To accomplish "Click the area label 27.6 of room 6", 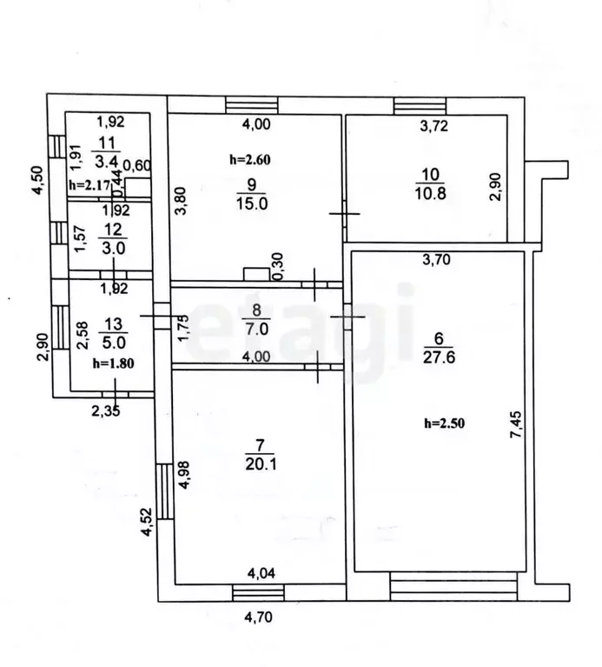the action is [x=439, y=357].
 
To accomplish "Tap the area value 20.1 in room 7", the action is [x=261, y=464].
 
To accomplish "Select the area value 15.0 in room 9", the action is [x=252, y=203].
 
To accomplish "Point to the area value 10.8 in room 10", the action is [x=430, y=193].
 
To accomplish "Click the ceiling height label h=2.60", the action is [x=250, y=160].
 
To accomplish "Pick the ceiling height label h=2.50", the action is [x=445, y=424].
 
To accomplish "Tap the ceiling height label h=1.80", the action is [x=114, y=364].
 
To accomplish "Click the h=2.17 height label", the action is [x=89, y=185].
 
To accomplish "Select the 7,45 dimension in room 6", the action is [x=517, y=424].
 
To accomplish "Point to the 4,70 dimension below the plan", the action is [x=258, y=617].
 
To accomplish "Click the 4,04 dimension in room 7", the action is [x=261, y=573].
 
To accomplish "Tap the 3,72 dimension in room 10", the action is [x=433, y=125].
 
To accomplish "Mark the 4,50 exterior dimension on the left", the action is [x=38, y=180].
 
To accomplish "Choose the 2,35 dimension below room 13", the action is [x=106, y=411].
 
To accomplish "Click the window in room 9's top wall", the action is [x=252, y=105].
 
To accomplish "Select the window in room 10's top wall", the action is [x=420, y=106].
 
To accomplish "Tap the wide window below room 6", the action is [x=453, y=587].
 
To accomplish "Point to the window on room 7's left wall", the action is [x=165, y=491].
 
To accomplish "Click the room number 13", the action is [x=113, y=324].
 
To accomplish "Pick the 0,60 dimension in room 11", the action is [x=137, y=165].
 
